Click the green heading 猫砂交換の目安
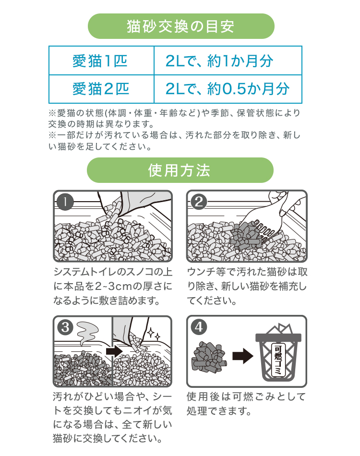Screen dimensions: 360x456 181,26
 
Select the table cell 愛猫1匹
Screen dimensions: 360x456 101,60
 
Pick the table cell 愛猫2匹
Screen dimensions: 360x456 101,89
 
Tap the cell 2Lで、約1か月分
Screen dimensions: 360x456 228,60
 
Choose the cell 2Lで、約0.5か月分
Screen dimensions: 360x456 228,89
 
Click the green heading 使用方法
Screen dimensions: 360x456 180,170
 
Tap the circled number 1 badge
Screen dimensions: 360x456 65,202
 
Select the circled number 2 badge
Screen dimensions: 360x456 199,202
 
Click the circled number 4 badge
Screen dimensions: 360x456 199,327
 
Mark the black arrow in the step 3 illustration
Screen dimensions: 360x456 114,351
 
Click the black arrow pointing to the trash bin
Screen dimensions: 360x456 243,356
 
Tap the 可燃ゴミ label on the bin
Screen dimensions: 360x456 278,360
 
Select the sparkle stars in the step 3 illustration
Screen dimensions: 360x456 154,334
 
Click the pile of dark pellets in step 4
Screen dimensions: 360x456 208,358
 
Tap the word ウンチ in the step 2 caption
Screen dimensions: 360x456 201,272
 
